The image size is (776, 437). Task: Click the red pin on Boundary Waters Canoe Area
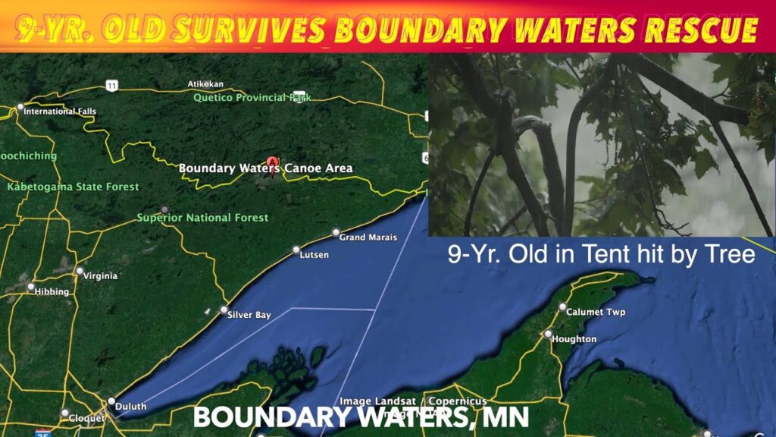click(x=272, y=162)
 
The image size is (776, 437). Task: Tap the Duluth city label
click(x=133, y=407)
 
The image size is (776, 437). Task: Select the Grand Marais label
click(x=368, y=237)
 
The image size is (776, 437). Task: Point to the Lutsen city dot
click(x=297, y=250)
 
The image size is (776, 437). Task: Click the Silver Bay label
click(x=249, y=315)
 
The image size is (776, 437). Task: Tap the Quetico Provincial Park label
click(x=252, y=98)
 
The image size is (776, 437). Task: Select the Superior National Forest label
click(x=202, y=218)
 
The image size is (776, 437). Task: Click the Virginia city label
click(x=100, y=276)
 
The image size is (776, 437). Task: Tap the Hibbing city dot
click(x=31, y=288)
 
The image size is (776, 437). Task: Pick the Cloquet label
click(x=86, y=418)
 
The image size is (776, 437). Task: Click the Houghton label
click(x=574, y=339)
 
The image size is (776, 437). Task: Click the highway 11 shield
click(x=112, y=86)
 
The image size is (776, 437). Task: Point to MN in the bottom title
click(x=508, y=417)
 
